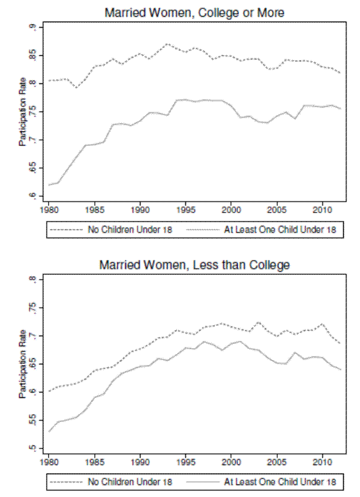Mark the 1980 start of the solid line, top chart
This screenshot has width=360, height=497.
point(49,185)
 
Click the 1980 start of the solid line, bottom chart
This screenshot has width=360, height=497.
point(49,432)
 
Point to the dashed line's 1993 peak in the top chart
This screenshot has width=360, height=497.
point(167,44)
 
